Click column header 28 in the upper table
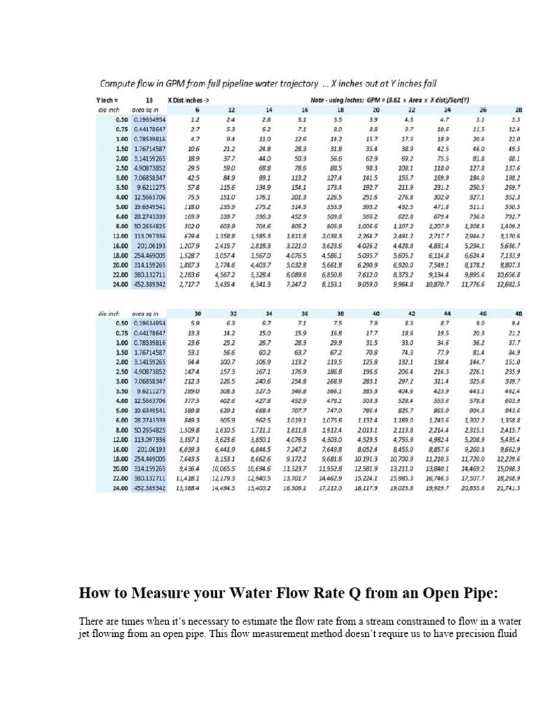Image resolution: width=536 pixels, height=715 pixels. [518, 110]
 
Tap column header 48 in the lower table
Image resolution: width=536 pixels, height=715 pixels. [518, 314]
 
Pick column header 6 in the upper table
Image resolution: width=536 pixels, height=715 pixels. [197, 110]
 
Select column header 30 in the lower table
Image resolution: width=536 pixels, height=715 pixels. [197, 314]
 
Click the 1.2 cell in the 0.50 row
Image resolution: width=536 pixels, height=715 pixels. [195, 119]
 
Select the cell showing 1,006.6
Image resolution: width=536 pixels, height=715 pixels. [366, 226]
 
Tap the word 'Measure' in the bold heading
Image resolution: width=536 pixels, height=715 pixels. [174, 594]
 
